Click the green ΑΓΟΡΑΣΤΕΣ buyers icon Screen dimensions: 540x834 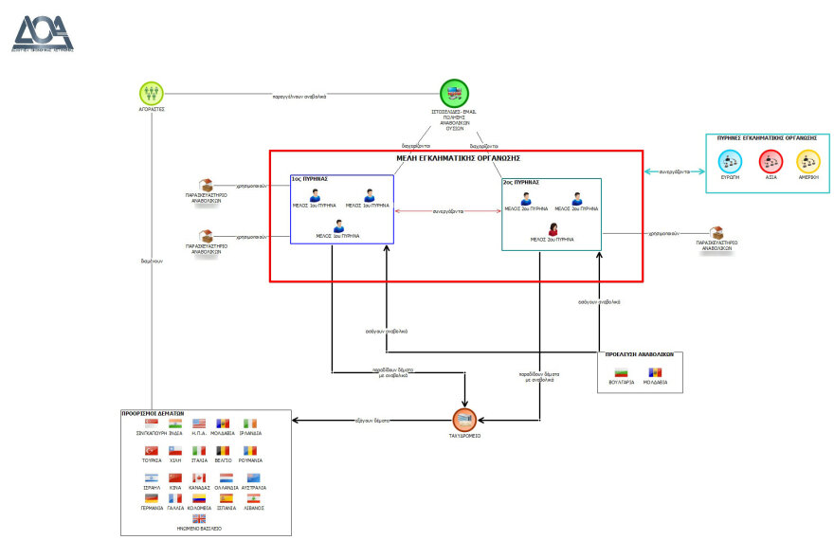click(x=152, y=94)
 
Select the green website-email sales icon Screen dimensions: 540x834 click(x=455, y=94)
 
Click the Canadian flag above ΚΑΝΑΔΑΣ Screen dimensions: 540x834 click(x=199, y=477)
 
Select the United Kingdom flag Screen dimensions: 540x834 click(x=199, y=518)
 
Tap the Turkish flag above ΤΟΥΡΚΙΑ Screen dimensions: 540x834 click(x=151, y=451)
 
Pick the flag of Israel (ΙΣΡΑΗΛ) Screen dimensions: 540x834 click(x=151, y=477)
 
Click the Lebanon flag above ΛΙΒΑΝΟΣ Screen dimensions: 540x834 click(x=253, y=497)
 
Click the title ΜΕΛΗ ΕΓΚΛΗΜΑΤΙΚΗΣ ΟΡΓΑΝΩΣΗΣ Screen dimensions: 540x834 click(x=456, y=157)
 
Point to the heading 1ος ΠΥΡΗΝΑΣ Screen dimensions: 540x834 click(x=309, y=178)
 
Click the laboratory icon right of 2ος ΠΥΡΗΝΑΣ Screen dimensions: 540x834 click(x=717, y=232)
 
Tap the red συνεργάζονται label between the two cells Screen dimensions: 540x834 click(x=447, y=211)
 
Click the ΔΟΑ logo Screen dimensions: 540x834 click(x=42, y=30)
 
